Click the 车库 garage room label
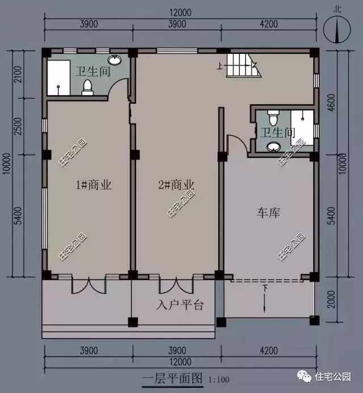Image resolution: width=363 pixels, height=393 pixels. (x=268, y=213)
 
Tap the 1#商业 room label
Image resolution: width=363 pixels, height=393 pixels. (x=94, y=185)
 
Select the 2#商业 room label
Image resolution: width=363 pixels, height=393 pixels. (x=176, y=185)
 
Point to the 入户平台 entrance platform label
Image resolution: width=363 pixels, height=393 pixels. (x=180, y=305)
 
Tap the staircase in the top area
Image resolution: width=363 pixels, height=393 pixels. (x=244, y=66)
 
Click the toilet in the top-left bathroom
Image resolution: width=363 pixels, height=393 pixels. (x=87, y=87)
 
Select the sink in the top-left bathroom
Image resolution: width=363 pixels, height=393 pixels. (x=115, y=60)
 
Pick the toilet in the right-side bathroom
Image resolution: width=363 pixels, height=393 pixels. (x=273, y=118)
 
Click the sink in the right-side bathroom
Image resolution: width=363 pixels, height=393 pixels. (x=273, y=147)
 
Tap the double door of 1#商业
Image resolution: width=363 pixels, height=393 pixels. (x=89, y=285)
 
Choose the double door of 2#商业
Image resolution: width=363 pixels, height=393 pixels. (x=176, y=285)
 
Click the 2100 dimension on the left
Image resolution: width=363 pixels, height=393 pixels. (x=18, y=74)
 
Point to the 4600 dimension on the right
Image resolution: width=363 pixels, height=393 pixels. (x=331, y=103)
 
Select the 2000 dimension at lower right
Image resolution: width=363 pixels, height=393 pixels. (x=331, y=299)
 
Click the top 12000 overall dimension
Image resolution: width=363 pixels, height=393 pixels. (x=180, y=12)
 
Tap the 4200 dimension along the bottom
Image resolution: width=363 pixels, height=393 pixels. (x=269, y=350)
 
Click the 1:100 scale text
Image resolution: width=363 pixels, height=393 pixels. (x=219, y=379)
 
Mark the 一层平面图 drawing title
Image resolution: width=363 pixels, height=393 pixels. (x=172, y=378)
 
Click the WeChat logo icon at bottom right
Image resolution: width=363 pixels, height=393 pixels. (x=305, y=377)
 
